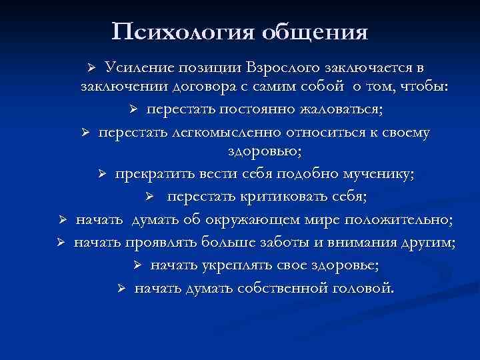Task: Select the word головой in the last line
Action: click(x=361, y=288)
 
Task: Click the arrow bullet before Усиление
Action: click(x=93, y=68)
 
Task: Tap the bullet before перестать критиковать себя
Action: click(x=151, y=197)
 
